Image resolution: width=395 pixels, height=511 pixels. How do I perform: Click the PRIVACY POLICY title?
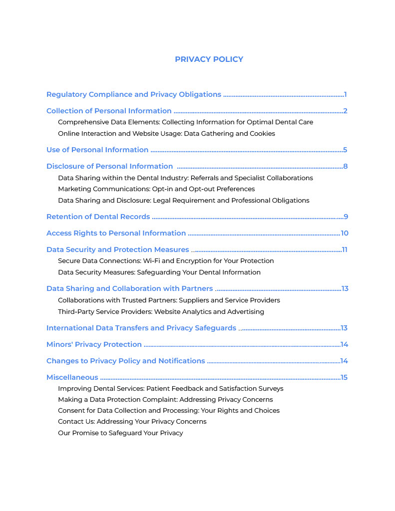coord(209,59)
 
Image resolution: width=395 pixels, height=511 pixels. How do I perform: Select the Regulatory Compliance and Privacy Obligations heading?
coord(133,94)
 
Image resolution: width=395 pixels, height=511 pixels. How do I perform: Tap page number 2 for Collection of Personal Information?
coord(345,111)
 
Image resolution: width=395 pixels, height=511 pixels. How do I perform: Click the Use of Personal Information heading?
coord(97,150)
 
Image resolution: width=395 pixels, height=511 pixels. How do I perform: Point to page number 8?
coord(345,166)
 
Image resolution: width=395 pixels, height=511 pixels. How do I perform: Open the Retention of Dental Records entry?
coord(98,217)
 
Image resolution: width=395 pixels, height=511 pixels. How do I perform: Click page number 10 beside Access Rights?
coord(344,233)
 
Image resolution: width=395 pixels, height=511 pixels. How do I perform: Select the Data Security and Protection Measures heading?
coord(117,250)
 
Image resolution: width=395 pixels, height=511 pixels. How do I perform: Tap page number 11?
coord(344,250)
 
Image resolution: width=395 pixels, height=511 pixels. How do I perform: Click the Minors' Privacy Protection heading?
coord(94,344)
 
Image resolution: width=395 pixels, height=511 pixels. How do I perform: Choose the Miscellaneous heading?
coord(72,377)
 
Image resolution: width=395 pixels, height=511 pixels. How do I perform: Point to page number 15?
coord(344,377)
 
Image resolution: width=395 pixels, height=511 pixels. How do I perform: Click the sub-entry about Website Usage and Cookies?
coord(166,134)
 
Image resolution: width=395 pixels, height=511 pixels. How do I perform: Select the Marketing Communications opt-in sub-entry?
coord(156,189)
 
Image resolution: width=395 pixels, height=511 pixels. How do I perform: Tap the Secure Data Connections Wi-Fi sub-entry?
coord(166,261)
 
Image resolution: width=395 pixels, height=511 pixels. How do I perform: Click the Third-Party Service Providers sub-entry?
coord(161,312)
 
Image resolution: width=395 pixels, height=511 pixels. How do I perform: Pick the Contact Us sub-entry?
coord(132,422)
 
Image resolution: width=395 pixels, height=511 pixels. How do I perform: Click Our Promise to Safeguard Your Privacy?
coord(120,433)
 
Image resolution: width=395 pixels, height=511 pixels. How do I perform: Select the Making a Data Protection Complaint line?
coord(165,400)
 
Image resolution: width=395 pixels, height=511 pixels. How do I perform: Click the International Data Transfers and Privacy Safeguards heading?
coord(141,328)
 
